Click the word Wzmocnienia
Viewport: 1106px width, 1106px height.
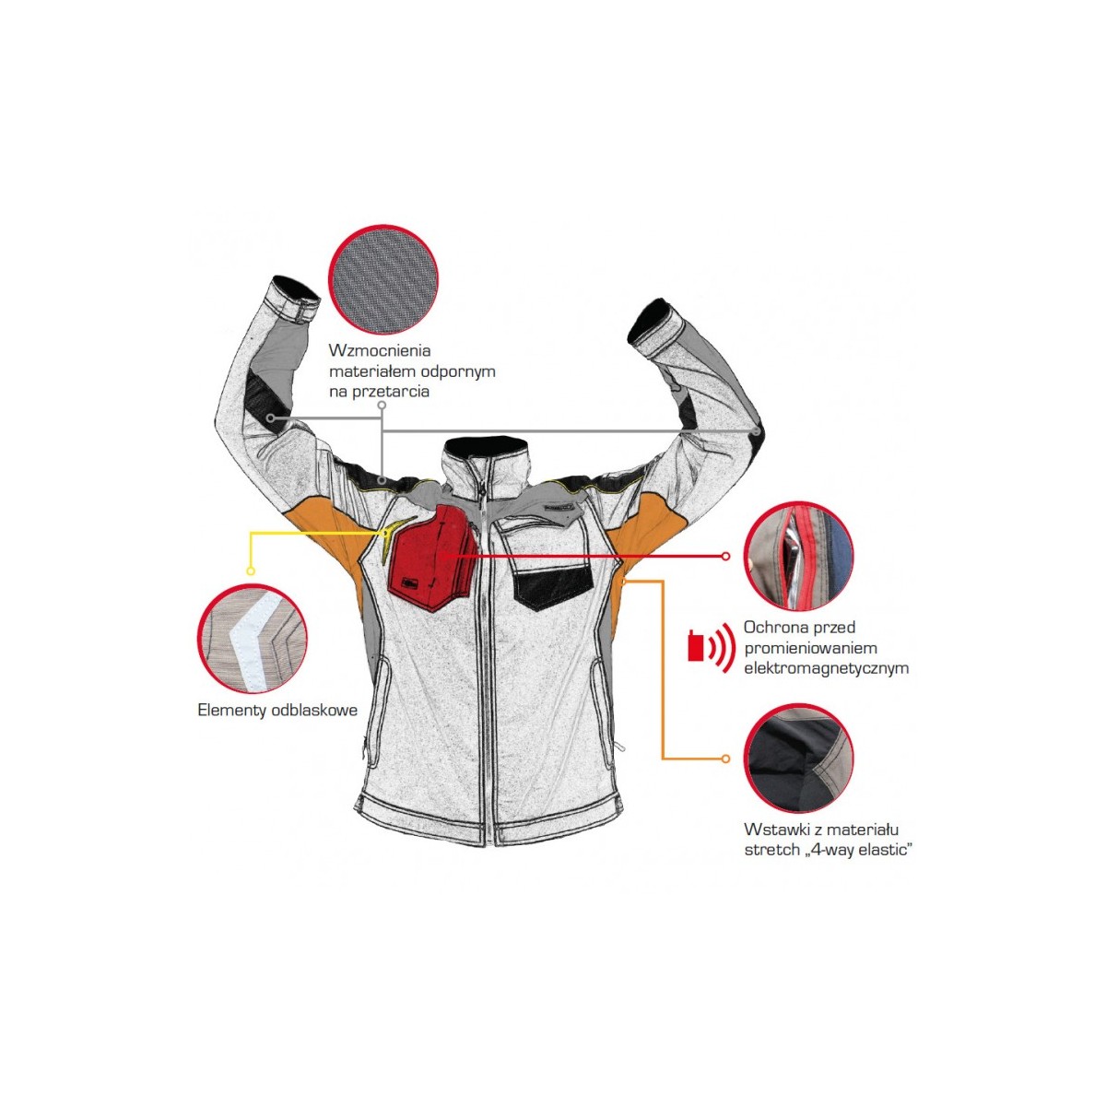380,350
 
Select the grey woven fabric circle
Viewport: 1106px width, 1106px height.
382,279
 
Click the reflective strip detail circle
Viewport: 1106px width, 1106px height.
252,639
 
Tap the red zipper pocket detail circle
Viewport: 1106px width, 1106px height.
798,556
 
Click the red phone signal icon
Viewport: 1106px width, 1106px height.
712,647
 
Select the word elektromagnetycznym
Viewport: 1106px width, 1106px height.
826,668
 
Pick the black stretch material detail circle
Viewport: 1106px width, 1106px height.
798,759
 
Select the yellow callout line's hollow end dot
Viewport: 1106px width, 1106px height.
251,571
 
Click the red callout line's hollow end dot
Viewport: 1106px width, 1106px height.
726,556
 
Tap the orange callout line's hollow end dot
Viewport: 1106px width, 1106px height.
726,759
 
